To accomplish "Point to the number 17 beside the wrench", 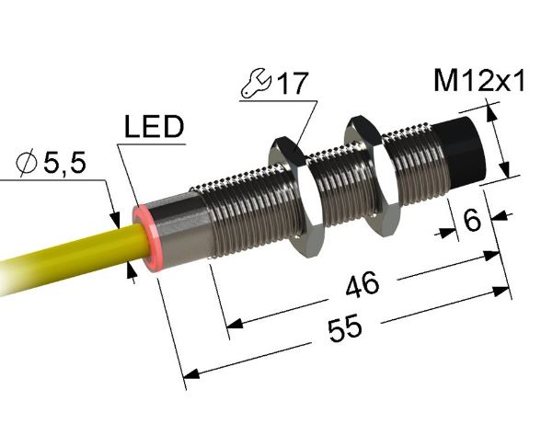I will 290,85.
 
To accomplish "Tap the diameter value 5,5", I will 64,166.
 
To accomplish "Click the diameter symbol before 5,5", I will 28,166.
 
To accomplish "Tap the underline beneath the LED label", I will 151,144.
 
